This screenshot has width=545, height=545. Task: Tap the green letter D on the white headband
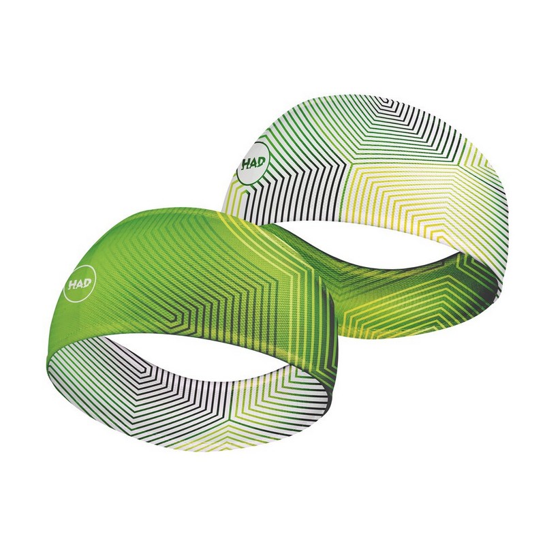[261, 161]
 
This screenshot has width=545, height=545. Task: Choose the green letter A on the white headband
[253, 162]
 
